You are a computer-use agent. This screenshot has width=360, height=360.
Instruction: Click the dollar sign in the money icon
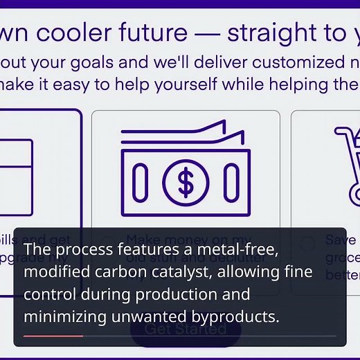(x=185, y=181)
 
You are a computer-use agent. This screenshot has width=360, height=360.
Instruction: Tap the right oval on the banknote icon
(x=231, y=182)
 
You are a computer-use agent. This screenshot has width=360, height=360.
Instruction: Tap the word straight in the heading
(x=273, y=33)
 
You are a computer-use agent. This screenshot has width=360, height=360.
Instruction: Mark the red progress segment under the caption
(x=53, y=336)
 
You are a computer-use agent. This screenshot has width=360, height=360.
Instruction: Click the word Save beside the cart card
(x=341, y=240)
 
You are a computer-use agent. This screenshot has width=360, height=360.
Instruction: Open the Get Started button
(x=185, y=328)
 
